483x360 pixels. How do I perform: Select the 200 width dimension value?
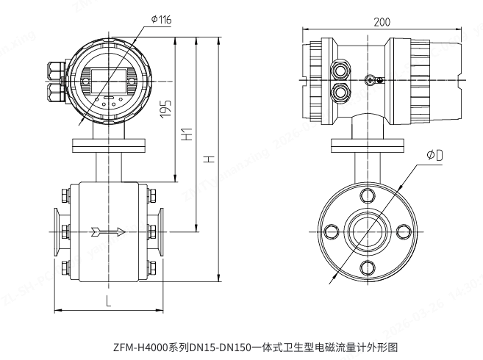tap(382, 22)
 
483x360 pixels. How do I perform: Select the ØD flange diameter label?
tap(434, 156)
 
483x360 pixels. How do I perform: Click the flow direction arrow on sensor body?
tap(107, 232)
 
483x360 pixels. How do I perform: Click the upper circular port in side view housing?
tap(340, 68)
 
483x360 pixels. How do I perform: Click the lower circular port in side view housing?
tap(340, 92)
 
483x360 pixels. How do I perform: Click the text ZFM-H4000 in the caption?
tap(140, 346)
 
